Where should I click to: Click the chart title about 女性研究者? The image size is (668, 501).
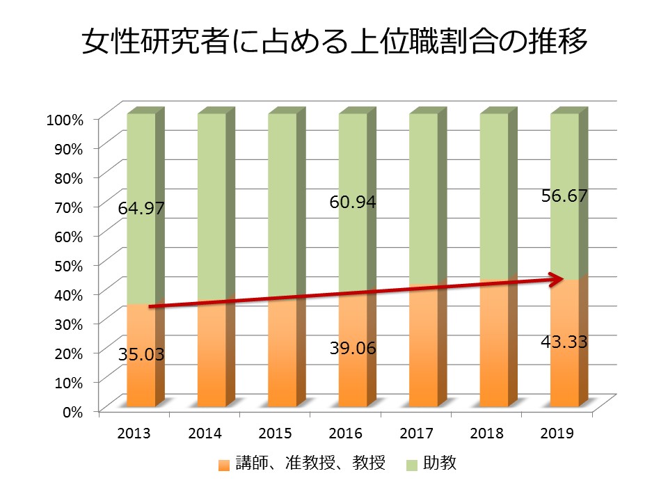tap(335, 42)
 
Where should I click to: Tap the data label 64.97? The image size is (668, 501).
tap(141, 208)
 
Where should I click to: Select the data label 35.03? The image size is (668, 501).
tap(141, 354)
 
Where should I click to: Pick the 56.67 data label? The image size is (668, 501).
tap(564, 196)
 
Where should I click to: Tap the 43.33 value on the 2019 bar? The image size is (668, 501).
tap(564, 342)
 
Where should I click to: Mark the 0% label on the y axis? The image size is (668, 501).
tap(73, 411)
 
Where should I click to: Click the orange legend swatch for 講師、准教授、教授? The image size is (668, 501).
tap(223, 464)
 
